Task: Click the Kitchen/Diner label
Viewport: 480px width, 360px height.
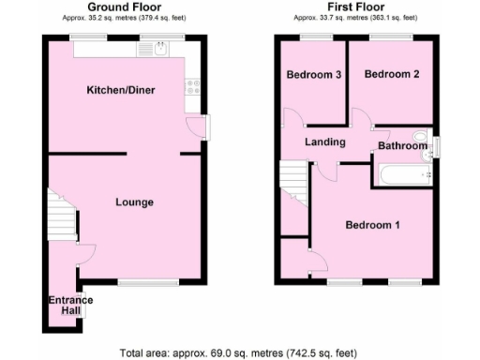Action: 122,90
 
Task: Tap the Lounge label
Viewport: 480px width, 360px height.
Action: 134,202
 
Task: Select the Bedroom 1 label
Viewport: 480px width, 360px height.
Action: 372,225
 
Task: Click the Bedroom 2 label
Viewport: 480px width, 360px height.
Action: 391,74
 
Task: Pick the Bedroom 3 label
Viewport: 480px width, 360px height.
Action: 313,74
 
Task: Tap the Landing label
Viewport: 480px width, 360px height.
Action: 324,142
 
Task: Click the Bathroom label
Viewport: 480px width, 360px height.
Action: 402,145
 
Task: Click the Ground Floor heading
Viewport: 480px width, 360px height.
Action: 122,7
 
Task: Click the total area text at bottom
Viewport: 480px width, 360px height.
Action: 238,352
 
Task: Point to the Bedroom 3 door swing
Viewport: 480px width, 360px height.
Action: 292,119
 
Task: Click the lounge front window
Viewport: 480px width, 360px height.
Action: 147,281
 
